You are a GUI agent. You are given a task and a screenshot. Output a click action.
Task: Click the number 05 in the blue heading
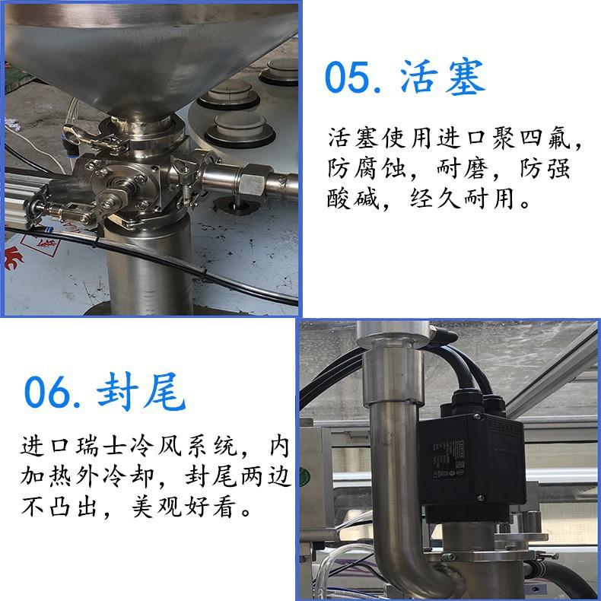[348, 77]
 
